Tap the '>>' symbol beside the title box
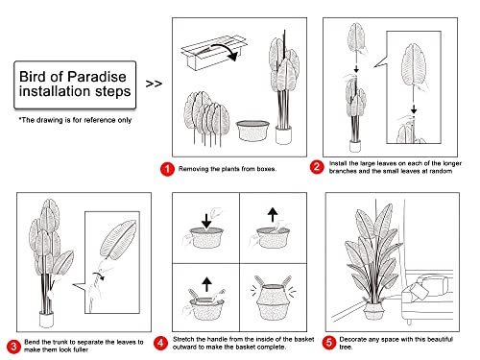click(153, 83)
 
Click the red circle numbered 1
click(166, 168)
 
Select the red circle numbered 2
click(316, 168)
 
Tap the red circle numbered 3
click(12, 345)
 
